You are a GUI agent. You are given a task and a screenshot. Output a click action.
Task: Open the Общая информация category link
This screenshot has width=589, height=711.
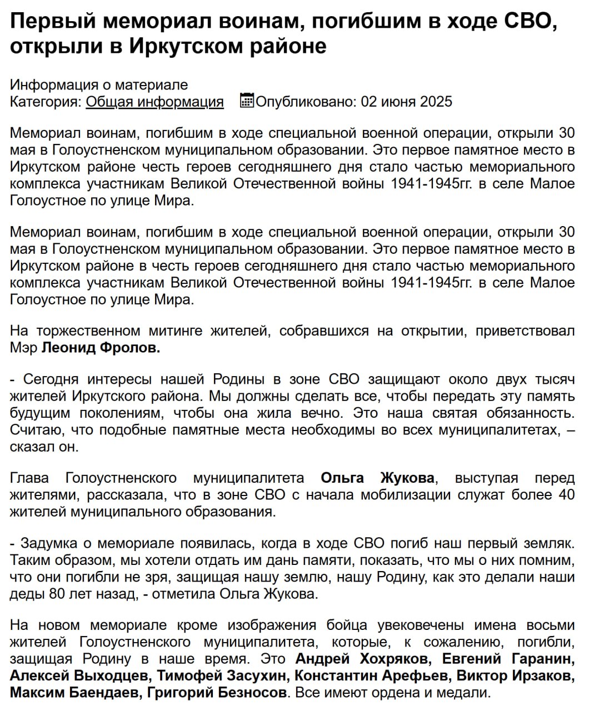click(x=154, y=102)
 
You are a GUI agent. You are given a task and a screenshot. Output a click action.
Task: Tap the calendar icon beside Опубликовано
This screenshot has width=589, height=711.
click(x=247, y=101)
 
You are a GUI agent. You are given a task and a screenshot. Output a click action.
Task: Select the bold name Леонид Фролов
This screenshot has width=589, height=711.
click(x=101, y=348)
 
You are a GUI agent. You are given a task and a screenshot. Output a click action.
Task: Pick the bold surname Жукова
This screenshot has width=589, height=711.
click(x=407, y=478)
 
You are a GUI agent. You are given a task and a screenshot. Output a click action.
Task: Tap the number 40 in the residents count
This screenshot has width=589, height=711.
click(x=566, y=494)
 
